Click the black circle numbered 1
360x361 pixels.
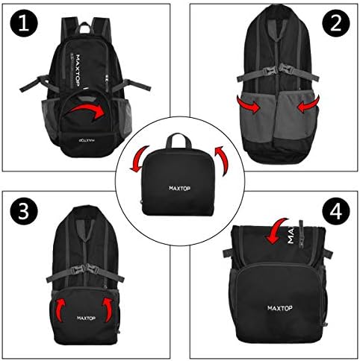(x=25, y=25)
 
